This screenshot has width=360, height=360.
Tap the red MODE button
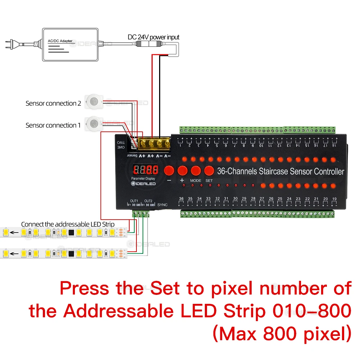click(195, 170)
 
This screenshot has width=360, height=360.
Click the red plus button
click(182, 170)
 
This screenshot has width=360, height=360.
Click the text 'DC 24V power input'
click(153, 37)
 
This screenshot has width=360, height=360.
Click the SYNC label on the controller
click(163, 204)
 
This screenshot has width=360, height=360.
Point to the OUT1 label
click(134, 201)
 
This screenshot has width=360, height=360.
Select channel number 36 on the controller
click(181, 199)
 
